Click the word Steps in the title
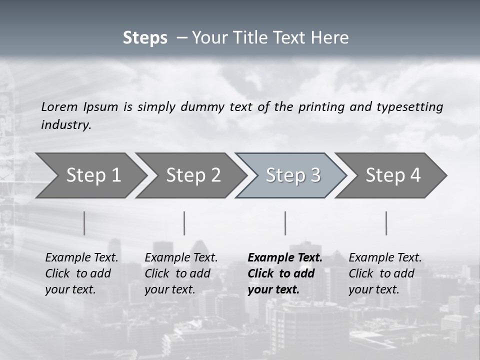coord(145,38)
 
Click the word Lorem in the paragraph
coord(59,106)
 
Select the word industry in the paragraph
coord(66,125)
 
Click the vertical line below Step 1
coord(84,223)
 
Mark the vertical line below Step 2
coord(184,223)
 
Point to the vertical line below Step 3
coord(285,223)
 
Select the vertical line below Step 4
coord(386,223)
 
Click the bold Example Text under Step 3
coord(285,258)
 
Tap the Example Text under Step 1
coord(81,258)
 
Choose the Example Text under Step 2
coord(181,258)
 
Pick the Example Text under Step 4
coord(385,258)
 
